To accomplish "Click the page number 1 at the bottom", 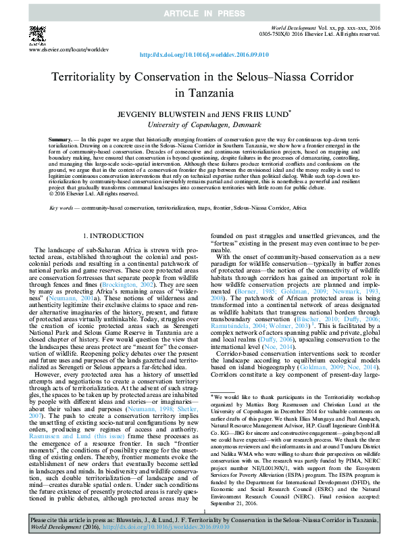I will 201,513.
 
